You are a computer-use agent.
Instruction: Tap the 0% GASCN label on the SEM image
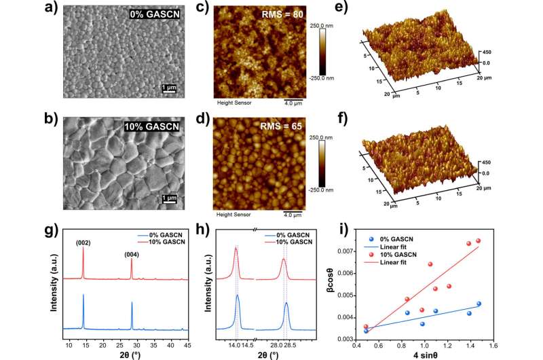point(157,14)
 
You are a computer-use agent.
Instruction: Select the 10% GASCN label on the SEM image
point(154,126)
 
